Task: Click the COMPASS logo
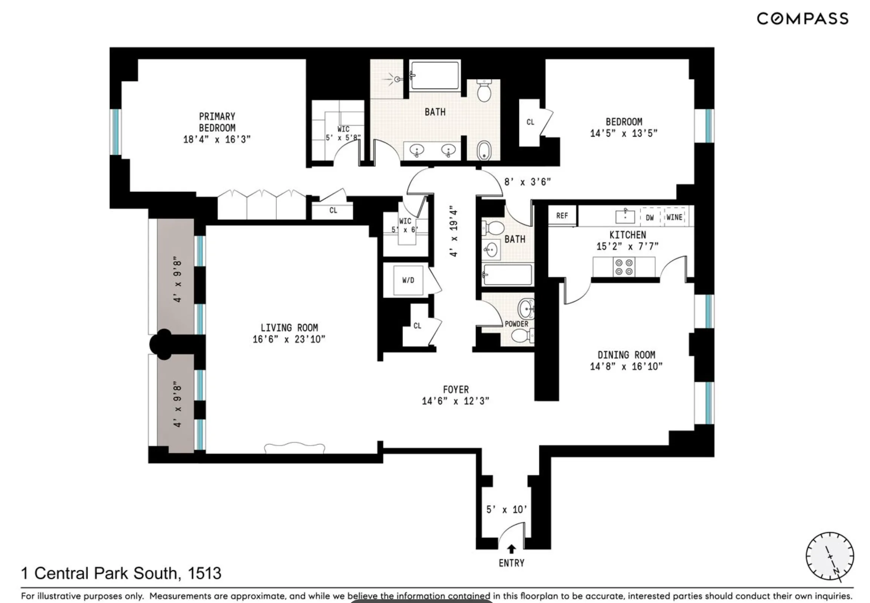[x=802, y=19]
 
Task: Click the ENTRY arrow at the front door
[x=511, y=549]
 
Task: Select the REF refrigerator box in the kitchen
[x=562, y=216]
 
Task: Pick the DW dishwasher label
[x=650, y=218]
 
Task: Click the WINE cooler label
[x=674, y=217]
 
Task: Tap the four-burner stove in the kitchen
[x=624, y=267]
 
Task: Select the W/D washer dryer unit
[x=408, y=280]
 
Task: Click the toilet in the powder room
[x=522, y=335]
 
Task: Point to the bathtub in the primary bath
[x=435, y=76]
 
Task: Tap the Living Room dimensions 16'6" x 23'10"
[x=289, y=339]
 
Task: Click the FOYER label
[x=456, y=390]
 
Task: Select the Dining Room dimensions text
[x=626, y=367]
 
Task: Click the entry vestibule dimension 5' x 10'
[x=507, y=510]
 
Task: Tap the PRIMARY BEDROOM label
[x=217, y=122]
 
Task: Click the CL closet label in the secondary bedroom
[x=530, y=122]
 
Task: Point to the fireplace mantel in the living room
[x=295, y=447]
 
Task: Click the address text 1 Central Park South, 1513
[x=121, y=574]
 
